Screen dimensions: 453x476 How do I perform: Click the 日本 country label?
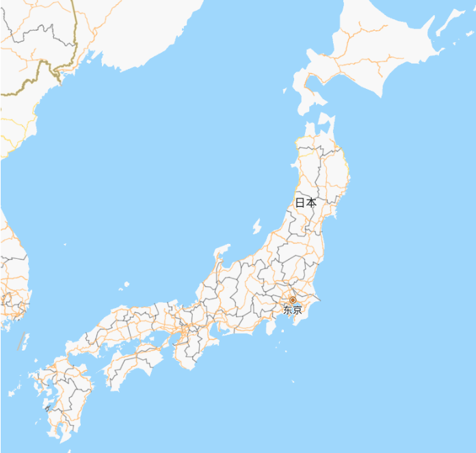pyautogui.click(x=306, y=202)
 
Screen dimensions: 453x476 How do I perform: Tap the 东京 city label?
pyautogui.click(x=293, y=310)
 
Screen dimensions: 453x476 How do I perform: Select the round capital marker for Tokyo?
pyautogui.click(x=293, y=300)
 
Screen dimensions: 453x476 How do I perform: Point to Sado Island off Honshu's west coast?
pyautogui.click(x=257, y=225)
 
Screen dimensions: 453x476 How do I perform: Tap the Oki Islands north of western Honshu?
pyautogui.click(x=126, y=284)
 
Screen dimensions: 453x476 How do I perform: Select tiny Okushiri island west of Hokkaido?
pyautogui.click(x=286, y=90)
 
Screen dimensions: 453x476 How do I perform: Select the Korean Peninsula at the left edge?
pyautogui.click(x=12, y=273)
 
